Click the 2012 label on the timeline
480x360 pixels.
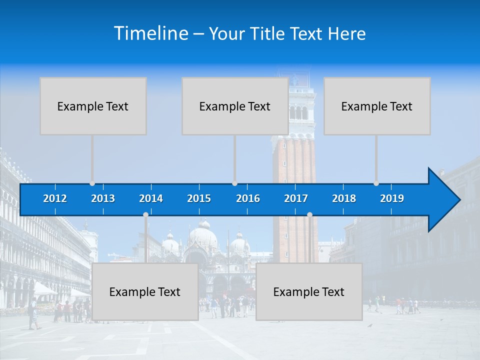click(55, 198)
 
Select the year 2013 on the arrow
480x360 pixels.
click(103, 198)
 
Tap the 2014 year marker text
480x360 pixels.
click(151, 198)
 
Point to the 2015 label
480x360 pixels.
click(199, 198)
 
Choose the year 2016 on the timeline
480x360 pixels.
click(248, 198)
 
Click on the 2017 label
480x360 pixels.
click(296, 198)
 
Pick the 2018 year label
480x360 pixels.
click(344, 198)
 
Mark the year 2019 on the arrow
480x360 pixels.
click(392, 198)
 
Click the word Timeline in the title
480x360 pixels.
click(150, 33)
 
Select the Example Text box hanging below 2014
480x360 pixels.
click(145, 291)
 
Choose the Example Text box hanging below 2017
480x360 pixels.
click(309, 291)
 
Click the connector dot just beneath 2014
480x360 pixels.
click(145, 214)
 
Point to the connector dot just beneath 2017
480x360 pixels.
click(309, 214)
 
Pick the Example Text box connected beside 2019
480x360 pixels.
click(377, 106)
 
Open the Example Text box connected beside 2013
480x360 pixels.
click(93, 106)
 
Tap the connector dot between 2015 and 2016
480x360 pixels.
click(234, 183)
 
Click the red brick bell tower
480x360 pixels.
click(295, 160)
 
